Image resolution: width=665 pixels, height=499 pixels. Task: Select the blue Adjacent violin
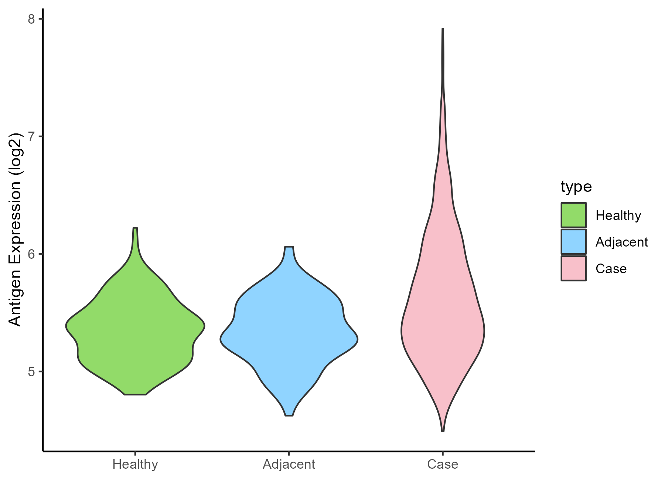pyautogui.click(x=289, y=333)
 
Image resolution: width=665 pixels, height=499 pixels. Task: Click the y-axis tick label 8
pyautogui.click(x=31, y=19)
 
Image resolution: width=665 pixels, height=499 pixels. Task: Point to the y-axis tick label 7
pyautogui.click(x=31, y=136)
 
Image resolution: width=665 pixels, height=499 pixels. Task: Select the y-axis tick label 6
pyautogui.click(x=31, y=254)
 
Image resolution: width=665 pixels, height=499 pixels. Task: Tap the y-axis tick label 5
pyautogui.click(x=31, y=371)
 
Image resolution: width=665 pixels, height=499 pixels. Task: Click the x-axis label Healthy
pyautogui.click(x=135, y=464)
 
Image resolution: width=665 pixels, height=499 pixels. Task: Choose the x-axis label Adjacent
pyautogui.click(x=289, y=464)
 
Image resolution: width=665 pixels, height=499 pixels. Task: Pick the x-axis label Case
pyautogui.click(x=443, y=464)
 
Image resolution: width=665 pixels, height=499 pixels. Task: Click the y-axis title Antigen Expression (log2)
pyautogui.click(x=16, y=229)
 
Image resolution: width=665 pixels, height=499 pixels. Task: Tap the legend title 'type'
pyautogui.click(x=576, y=187)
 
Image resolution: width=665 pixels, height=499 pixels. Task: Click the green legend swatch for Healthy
pyautogui.click(x=573, y=215)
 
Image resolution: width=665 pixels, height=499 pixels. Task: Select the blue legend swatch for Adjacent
pyautogui.click(x=573, y=242)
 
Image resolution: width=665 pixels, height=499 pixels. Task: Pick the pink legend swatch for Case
pyautogui.click(x=573, y=268)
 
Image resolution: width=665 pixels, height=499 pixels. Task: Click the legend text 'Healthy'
pyautogui.click(x=618, y=215)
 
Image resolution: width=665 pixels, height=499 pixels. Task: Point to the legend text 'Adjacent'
pyautogui.click(x=622, y=242)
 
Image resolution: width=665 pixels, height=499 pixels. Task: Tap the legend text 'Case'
pyautogui.click(x=611, y=269)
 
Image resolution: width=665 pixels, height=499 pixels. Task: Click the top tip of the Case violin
pyautogui.click(x=443, y=29)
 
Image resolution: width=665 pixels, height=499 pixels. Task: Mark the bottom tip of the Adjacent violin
pyautogui.click(x=289, y=415)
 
